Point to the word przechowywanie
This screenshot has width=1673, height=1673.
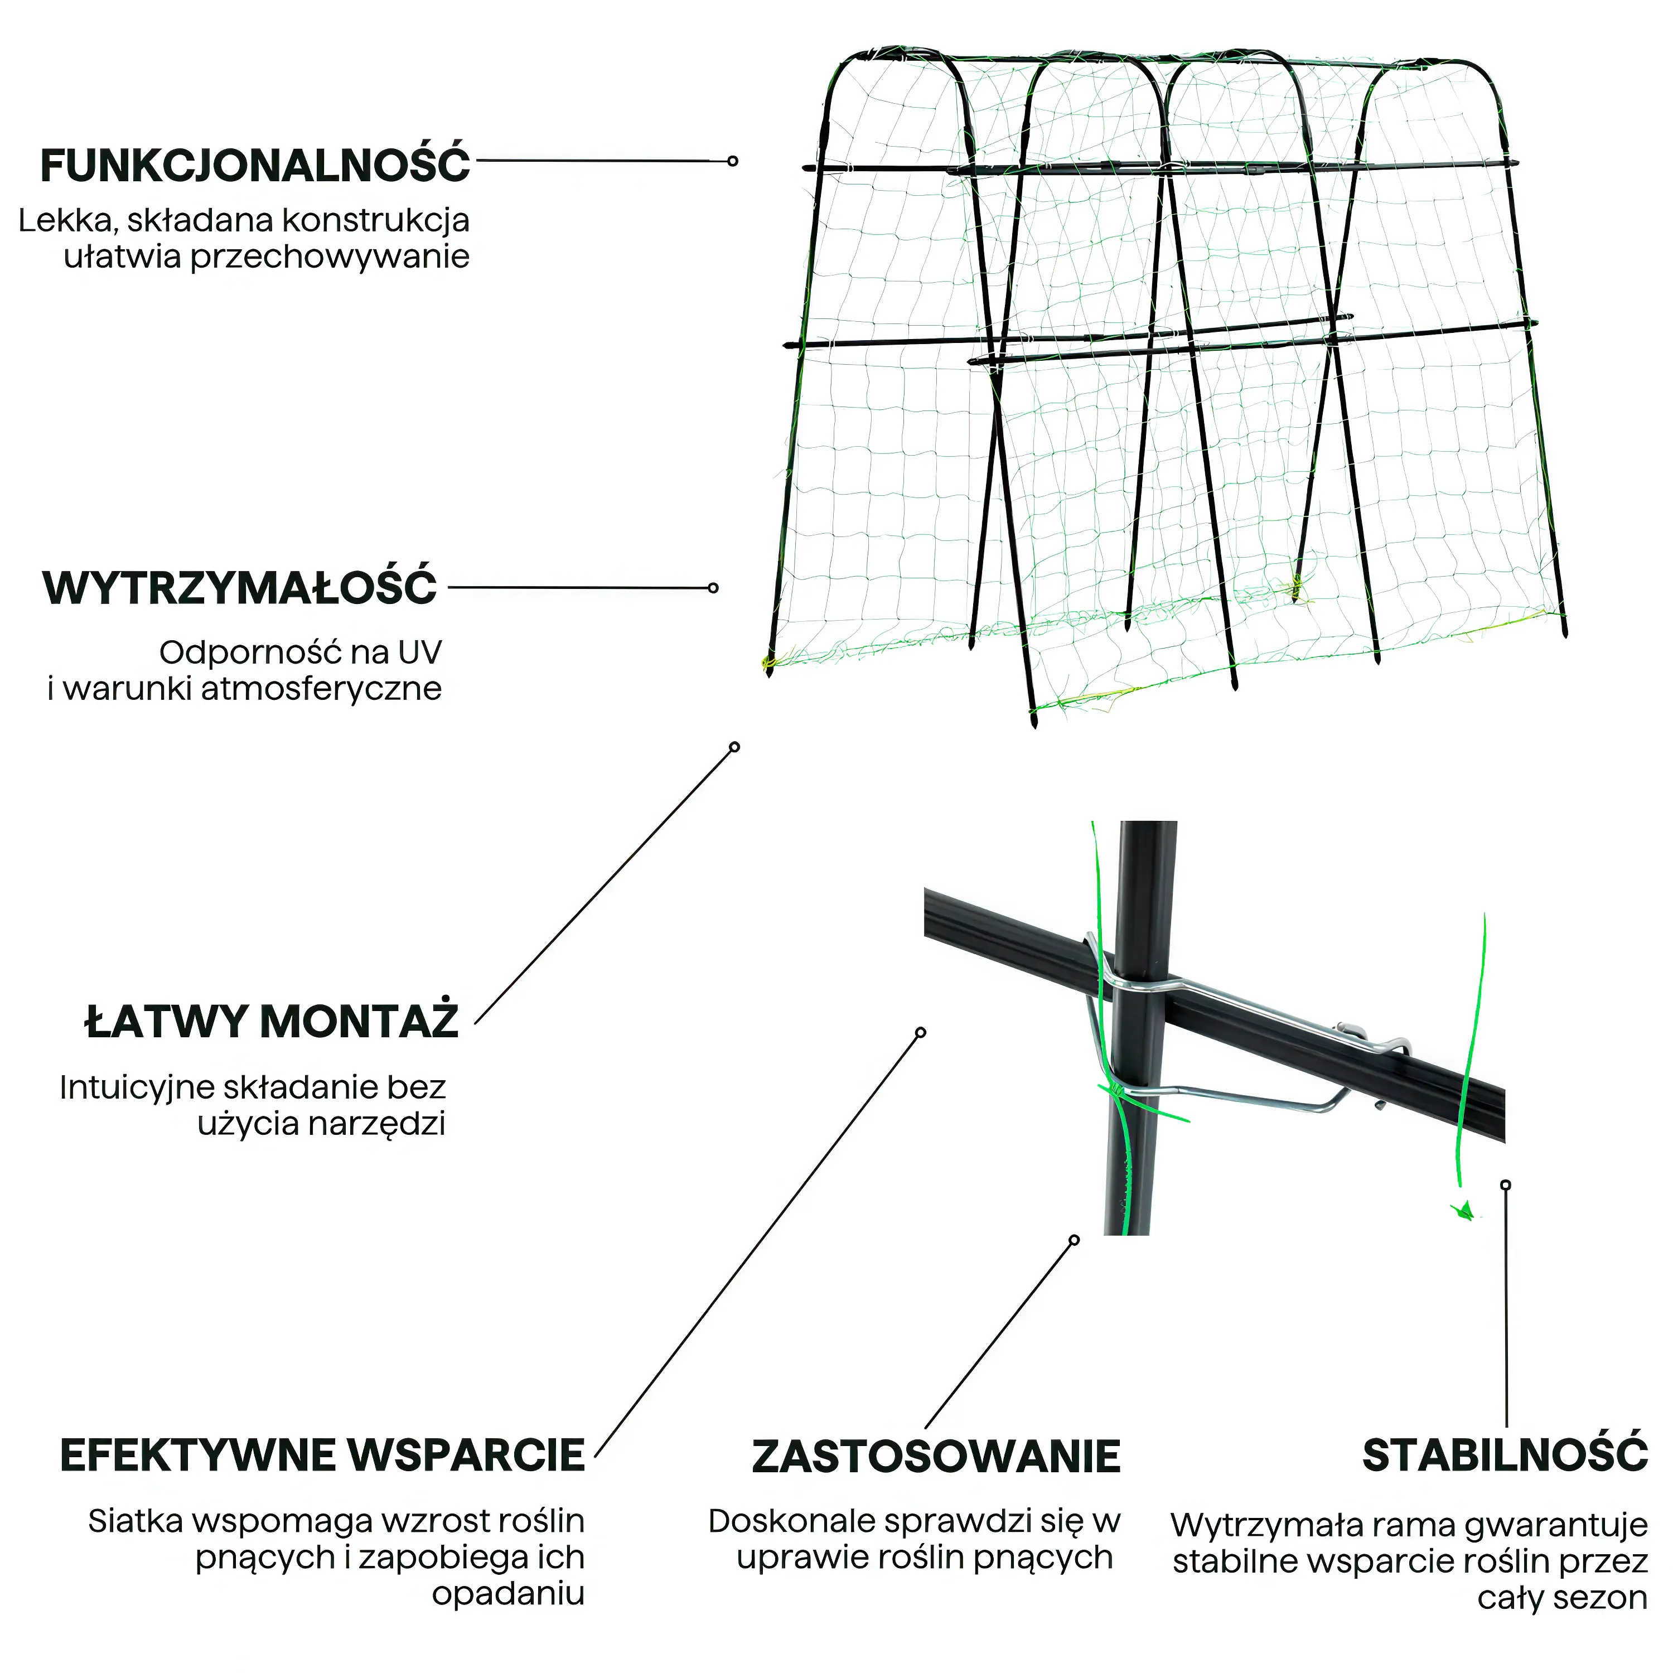point(330,258)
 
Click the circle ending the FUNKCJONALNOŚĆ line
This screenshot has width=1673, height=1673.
point(733,161)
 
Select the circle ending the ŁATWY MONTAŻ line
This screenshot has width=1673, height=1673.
point(734,747)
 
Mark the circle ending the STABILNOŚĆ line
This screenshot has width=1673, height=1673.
point(1506,1184)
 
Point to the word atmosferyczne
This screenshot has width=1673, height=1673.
point(321,689)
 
